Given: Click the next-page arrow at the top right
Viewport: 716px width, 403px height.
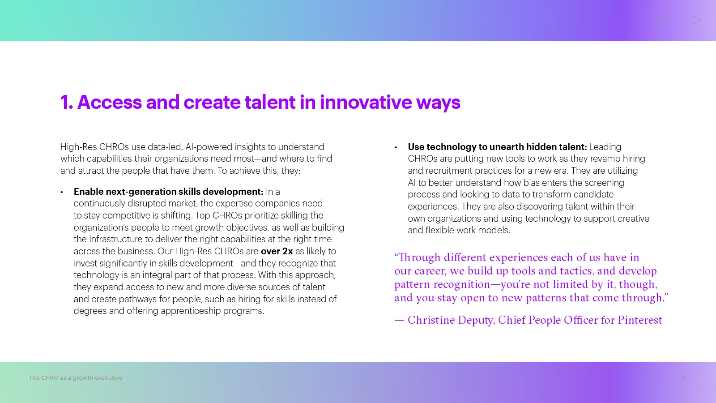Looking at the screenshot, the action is click(x=696, y=20).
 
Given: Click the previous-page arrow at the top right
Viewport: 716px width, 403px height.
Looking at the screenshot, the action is click(x=662, y=20).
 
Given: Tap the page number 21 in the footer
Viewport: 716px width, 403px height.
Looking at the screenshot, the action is click(x=684, y=378).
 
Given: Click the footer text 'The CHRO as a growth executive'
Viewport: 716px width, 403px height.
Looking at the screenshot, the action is click(x=76, y=378).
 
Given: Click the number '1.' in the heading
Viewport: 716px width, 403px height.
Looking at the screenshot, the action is click(x=67, y=102).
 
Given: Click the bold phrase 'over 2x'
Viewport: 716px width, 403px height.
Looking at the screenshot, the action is click(x=277, y=251).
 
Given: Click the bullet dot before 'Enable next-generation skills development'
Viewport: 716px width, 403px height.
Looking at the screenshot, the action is click(x=62, y=192).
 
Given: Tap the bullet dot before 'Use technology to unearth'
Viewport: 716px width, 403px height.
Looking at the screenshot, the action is click(x=396, y=147).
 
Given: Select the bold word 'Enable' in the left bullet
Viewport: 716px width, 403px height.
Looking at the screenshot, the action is click(x=89, y=192).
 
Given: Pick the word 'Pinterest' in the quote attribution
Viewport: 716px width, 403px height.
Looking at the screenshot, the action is click(x=640, y=320).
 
